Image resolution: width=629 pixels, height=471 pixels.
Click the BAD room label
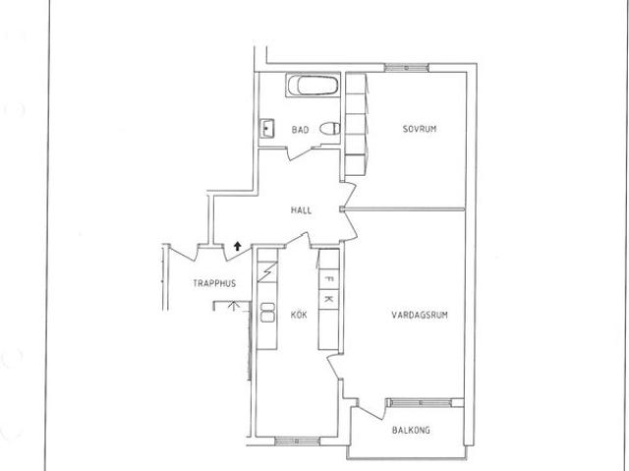pyautogui.click(x=300, y=130)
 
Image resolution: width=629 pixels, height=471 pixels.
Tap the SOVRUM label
pyautogui.click(x=420, y=129)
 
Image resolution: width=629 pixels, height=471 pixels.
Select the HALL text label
pyautogui.click(x=302, y=210)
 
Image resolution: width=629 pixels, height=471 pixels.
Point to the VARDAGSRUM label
pyautogui.click(x=420, y=315)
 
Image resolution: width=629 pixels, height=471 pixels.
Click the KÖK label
pyautogui.click(x=299, y=315)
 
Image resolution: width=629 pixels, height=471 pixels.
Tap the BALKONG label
pyautogui.click(x=411, y=430)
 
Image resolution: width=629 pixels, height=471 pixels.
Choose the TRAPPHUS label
pyautogui.click(x=214, y=283)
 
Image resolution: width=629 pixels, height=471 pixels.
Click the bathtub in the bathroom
pyautogui.click(x=313, y=85)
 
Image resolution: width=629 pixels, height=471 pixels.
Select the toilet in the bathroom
pyautogui.click(x=330, y=129)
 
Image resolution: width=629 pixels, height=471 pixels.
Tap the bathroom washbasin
pyautogui.click(x=266, y=128)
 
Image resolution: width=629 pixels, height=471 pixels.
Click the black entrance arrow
pyautogui.click(x=238, y=246)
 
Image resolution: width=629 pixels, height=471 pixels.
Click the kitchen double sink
pyautogui.click(x=267, y=312)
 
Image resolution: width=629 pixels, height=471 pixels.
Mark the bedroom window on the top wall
pyautogui.click(x=406, y=68)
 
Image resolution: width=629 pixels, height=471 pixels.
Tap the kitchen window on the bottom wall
pyautogui.click(x=297, y=442)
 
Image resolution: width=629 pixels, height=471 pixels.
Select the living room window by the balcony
pyautogui.click(x=421, y=402)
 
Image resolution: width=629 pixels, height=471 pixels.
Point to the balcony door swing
pyautogui.click(x=372, y=409)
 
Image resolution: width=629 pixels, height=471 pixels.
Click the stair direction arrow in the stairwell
pyautogui.click(x=232, y=305)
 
